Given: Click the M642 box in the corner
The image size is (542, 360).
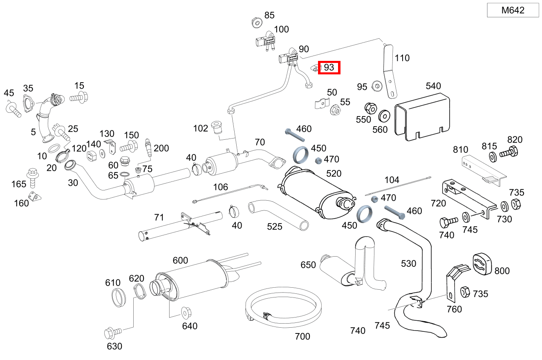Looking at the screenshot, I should click(513, 11).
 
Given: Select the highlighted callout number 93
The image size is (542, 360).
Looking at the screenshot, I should click(329, 67).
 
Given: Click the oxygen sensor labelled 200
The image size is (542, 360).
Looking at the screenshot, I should click(148, 148).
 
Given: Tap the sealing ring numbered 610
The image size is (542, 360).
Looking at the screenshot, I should click(118, 297).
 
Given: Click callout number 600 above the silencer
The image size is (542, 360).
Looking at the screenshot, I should click(180, 261).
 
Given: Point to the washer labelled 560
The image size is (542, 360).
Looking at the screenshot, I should click(384, 116).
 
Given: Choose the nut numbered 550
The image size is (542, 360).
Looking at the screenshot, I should click(370, 108).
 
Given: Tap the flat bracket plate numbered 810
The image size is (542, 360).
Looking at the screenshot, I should click(482, 168).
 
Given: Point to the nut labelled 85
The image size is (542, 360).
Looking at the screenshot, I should click(256, 22).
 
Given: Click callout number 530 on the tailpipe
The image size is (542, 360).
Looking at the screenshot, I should click(408, 264).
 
